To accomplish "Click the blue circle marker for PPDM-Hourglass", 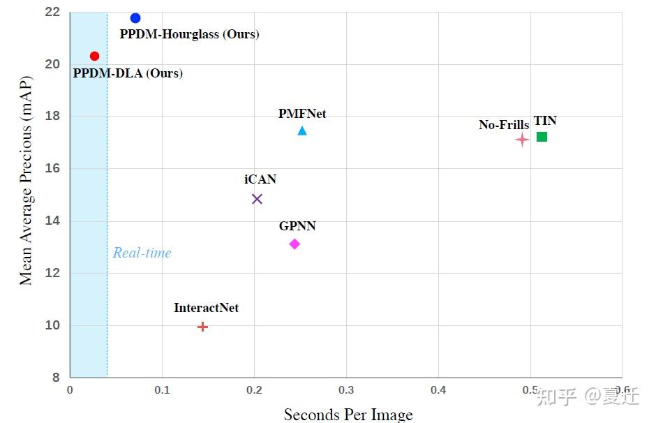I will pyautogui.click(x=135, y=18).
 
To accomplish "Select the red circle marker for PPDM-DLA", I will pyautogui.click(x=95, y=56).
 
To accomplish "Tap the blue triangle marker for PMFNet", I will pyautogui.click(x=302, y=131).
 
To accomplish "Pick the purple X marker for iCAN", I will pyautogui.click(x=257, y=199).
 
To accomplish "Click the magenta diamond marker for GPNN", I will pyautogui.click(x=295, y=244).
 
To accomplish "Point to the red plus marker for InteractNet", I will pyautogui.click(x=202, y=327).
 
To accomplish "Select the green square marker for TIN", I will pyautogui.click(x=542, y=137).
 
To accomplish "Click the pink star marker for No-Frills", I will pyautogui.click(x=522, y=140).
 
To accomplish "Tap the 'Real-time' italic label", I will pyautogui.click(x=142, y=253).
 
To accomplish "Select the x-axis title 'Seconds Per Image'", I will pyautogui.click(x=348, y=415).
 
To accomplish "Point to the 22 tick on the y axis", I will pyautogui.click(x=53, y=12).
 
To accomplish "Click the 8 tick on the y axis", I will pyautogui.click(x=57, y=378).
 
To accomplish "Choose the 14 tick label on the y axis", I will pyautogui.click(x=53, y=221).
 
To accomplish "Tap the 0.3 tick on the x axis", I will pyautogui.click(x=345, y=389).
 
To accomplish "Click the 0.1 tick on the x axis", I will pyautogui.click(x=162, y=389).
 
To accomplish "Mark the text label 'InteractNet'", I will pyautogui.click(x=206, y=308).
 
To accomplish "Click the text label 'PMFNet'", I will pyautogui.click(x=302, y=114).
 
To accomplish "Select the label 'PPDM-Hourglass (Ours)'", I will pyautogui.click(x=189, y=34).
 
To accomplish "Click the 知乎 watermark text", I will pyautogui.click(x=557, y=397).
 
